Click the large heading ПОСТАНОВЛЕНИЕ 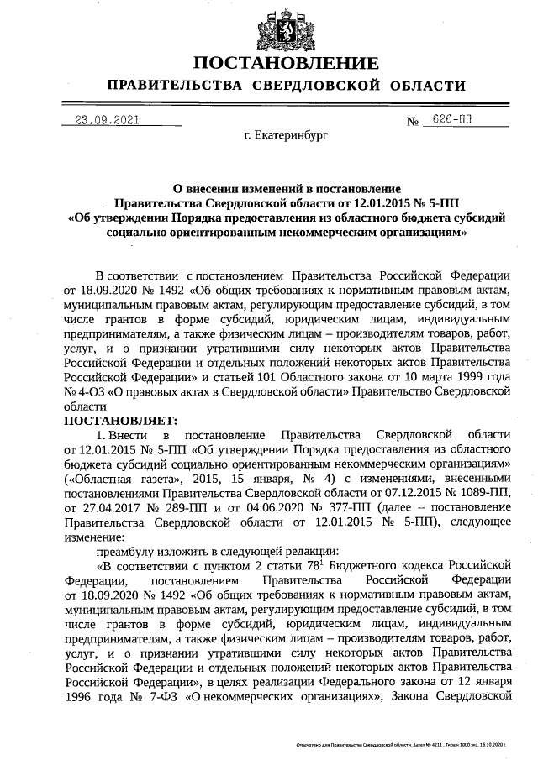click(283, 65)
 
